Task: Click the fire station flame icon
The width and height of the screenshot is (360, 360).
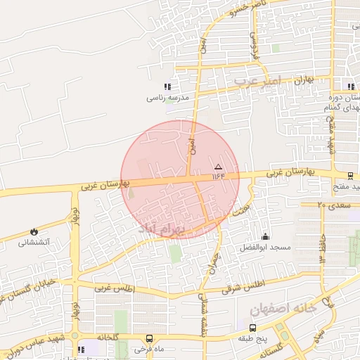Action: pyautogui.click(x=33, y=231)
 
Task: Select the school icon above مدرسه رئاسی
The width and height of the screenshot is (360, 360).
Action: pyautogui.click(x=167, y=86)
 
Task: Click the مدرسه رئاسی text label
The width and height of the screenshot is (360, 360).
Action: pyautogui.click(x=168, y=98)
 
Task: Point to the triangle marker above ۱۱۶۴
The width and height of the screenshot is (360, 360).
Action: pyautogui.click(x=217, y=167)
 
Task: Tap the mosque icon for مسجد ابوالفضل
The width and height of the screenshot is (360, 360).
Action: pyautogui.click(x=265, y=237)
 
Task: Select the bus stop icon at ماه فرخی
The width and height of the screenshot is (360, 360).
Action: pyautogui.click(x=148, y=338)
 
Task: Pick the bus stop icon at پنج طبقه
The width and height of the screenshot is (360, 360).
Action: pyautogui.click(x=252, y=328)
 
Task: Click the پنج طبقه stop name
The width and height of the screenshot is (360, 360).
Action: pyautogui.click(x=252, y=338)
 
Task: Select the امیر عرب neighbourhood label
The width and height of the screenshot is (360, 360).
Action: pyautogui.click(x=257, y=82)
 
